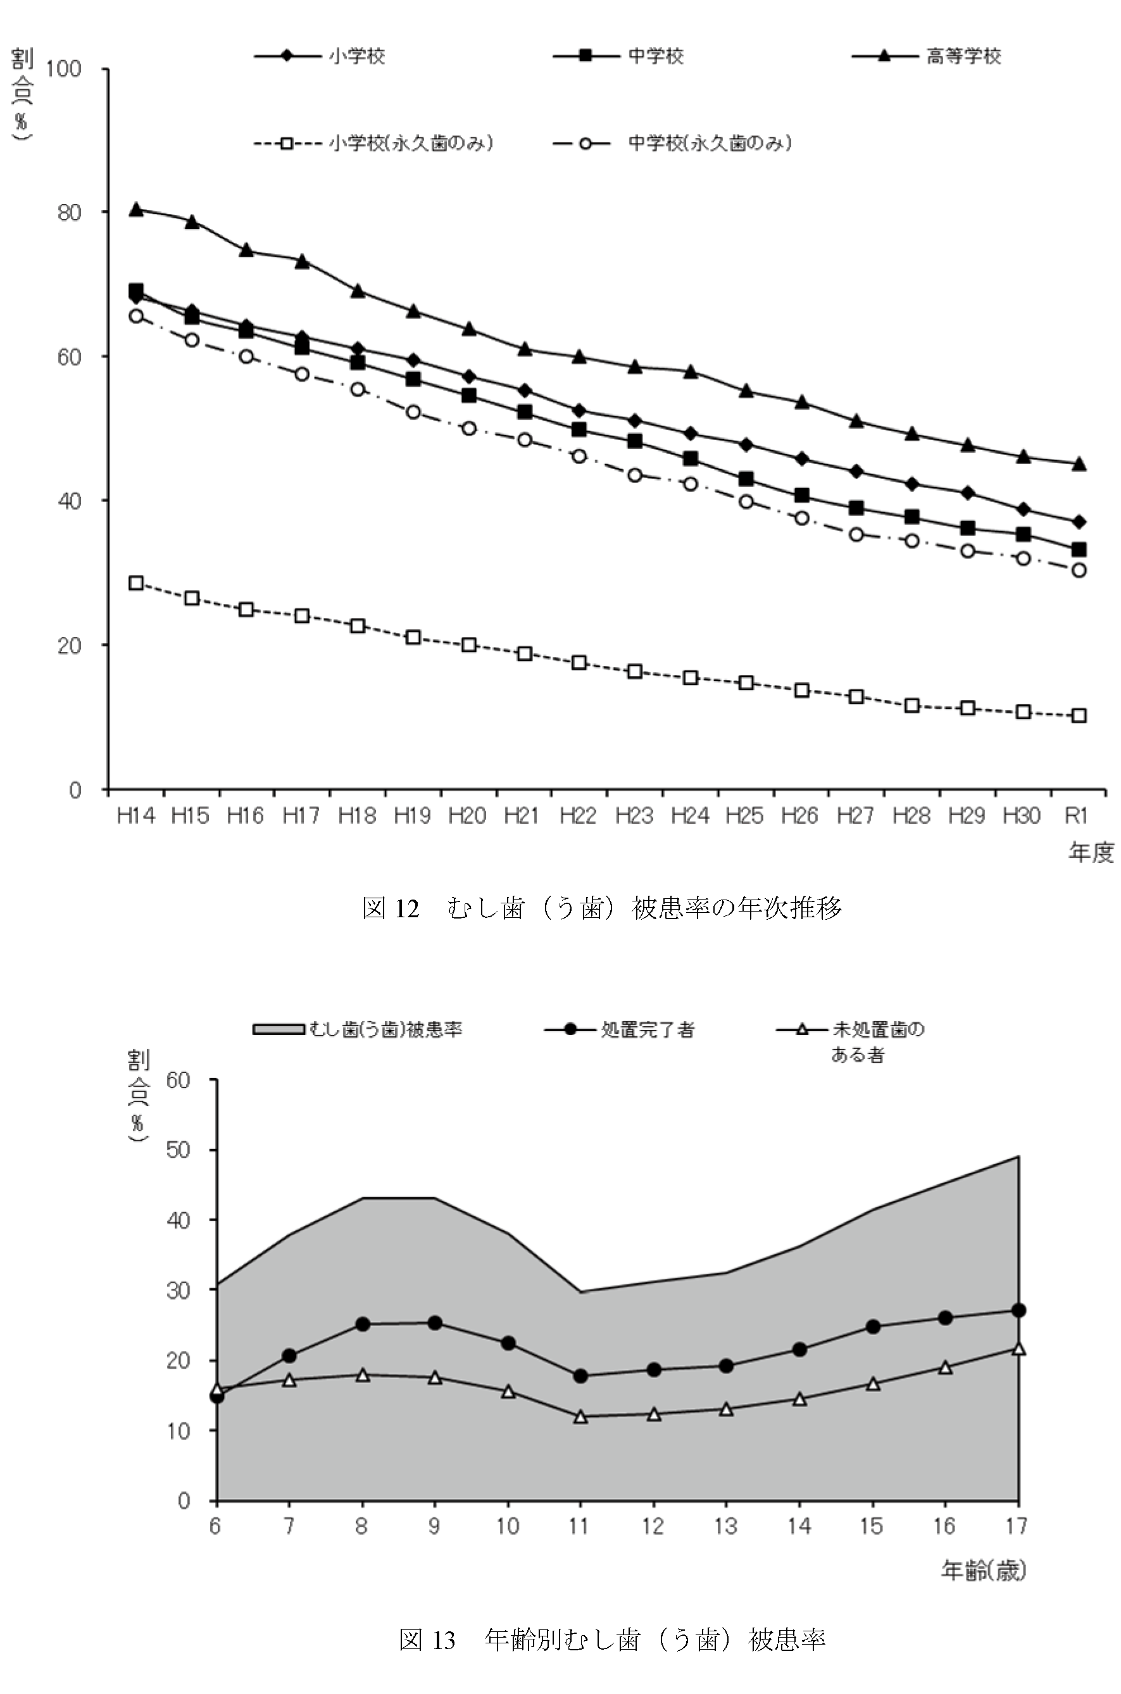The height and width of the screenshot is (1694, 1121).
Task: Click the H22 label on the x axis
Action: (x=578, y=815)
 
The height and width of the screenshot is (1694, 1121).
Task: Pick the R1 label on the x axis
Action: (x=1077, y=815)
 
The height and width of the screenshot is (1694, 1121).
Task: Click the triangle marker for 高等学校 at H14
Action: (x=136, y=210)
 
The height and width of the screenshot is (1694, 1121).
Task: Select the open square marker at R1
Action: (x=1079, y=715)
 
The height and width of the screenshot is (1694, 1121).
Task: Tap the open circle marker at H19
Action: (x=413, y=411)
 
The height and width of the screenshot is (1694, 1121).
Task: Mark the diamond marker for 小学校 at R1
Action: (x=1079, y=522)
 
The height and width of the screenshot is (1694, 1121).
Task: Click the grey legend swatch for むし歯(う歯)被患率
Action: (x=279, y=1029)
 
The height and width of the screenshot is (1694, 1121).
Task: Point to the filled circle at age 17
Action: (x=1018, y=1310)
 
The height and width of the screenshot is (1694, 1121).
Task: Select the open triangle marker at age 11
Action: (x=580, y=1417)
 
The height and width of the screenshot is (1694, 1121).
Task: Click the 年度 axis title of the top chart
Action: (x=1090, y=852)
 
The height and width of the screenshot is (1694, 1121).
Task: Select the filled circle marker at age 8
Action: (x=363, y=1324)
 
